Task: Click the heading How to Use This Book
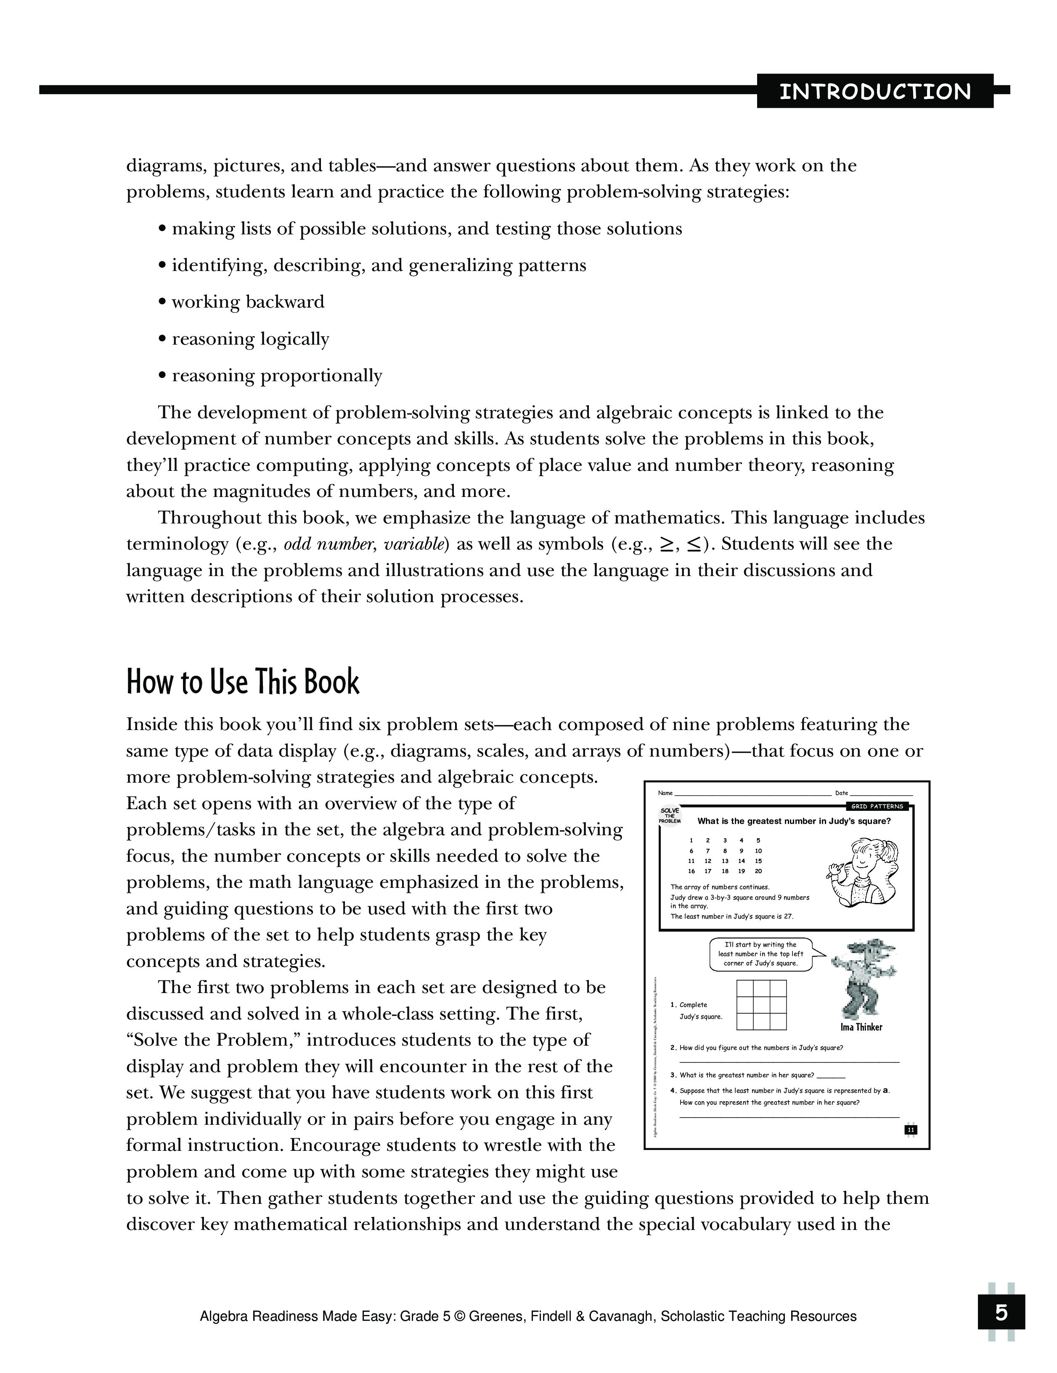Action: tap(243, 682)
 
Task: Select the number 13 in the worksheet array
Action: tap(725, 861)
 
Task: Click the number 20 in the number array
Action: tap(758, 871)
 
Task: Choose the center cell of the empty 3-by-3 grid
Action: tap(761, 1004)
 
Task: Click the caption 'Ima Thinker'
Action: tap(861, 1027)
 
